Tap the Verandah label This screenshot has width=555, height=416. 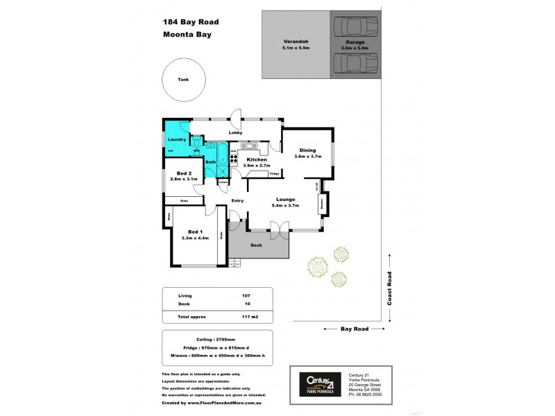(x=296, y=42)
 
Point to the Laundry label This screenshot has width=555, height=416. (x=176, y=139)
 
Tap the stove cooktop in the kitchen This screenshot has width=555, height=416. (x=234, y=156)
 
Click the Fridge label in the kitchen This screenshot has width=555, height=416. (x=274, y=173)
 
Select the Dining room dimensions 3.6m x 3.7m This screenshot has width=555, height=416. (x=307, y=157)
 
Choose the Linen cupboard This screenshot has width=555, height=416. (x=223, y=182)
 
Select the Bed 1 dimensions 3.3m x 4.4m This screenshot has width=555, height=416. (x=195, y=238)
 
